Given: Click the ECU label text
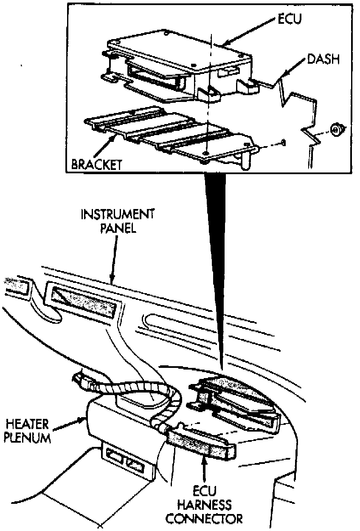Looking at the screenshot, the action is [x=289, y=19].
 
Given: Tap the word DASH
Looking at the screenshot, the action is [x=323, y=59].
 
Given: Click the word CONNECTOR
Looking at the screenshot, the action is [x=205, y=519].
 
